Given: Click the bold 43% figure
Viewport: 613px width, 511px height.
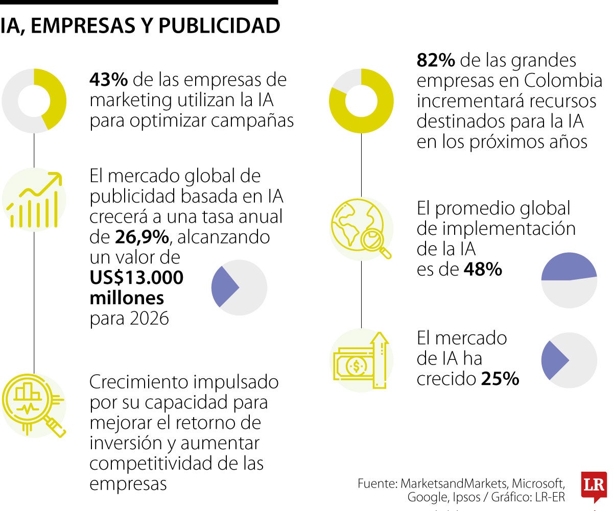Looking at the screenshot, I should point(109,80).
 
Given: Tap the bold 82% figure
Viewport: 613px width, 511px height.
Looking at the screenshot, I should point(436,60).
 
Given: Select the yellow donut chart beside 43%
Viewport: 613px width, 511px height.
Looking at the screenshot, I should point(34,101).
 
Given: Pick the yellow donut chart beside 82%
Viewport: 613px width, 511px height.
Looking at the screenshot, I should point(361,101).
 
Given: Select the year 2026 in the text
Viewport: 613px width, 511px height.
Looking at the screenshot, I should point(149,319).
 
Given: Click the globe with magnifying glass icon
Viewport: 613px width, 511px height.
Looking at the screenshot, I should point(361,229).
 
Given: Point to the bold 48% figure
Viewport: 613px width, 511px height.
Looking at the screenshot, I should point(483,270).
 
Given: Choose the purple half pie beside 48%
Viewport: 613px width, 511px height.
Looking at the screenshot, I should point(569,280).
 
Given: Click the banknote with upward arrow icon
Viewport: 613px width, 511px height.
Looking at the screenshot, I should point(361,360).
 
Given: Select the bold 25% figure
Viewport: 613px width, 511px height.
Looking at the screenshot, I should point(500,379).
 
